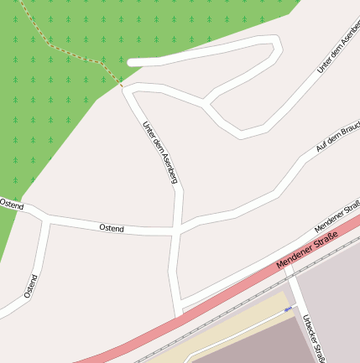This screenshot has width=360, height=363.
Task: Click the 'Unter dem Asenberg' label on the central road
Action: point(159,151)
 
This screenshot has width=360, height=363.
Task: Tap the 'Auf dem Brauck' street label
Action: point(337,137)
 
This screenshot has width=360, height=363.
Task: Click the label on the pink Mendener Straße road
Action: point(306,254)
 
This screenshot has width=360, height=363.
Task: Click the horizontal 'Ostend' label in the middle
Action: point(111,228)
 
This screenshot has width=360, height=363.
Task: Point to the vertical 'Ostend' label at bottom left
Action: point(31,286)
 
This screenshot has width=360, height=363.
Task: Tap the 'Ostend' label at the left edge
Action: point(11,204)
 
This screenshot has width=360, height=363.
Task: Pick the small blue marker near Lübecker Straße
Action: point(288,309)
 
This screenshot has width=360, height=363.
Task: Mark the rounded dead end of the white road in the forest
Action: point(132,61)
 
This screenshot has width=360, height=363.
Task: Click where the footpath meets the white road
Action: point(122,86)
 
